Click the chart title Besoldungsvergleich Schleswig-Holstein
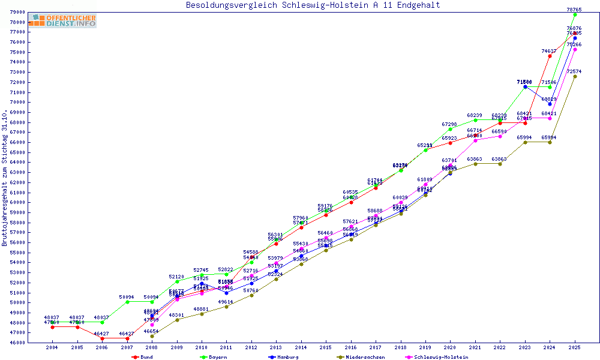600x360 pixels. pyautogui.click(x=313, y=5)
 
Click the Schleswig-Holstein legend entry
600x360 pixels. pyautogui.click(x=441, y=357)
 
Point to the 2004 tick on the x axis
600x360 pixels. pyautogui.click(x=52, y=347)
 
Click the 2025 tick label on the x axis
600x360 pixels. pyautogui.click(x=575, y=347)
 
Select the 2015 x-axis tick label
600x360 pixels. pyautogui.click(x=326, y=347)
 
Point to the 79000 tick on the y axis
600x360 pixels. pyautogui.click(x=17, y=12)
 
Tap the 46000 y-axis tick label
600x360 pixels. pyautogui.click(x=17, y=343)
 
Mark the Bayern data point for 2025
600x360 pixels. pyautogui.click(x=575, y=14)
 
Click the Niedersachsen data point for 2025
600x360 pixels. pyautogui.click(x=575, y=76)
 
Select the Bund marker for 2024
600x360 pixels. pyautogui.click(x=550, y=56)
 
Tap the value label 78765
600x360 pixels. pyautogui.click(x=575, y=10)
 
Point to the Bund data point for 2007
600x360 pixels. pyautogui.click(x=127, y=338)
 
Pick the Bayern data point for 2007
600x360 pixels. pyautogui.click(x=127, y=302)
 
